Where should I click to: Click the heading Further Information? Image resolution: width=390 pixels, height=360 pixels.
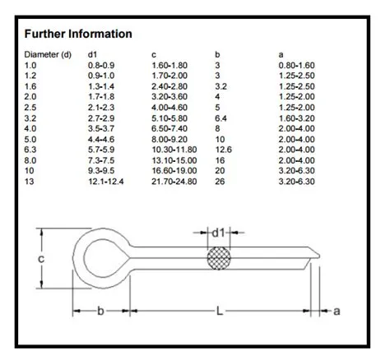78,35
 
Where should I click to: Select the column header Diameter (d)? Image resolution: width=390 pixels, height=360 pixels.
47,54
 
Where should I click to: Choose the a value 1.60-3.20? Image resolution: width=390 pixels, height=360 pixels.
298,117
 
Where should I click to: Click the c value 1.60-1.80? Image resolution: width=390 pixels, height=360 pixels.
170,65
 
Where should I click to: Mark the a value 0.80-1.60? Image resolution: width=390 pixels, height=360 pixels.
298,65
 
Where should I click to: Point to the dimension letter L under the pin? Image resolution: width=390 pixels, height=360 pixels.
218,312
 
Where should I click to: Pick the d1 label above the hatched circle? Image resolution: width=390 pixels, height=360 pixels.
218,233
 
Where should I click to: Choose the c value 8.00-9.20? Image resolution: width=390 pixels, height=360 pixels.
170,138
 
